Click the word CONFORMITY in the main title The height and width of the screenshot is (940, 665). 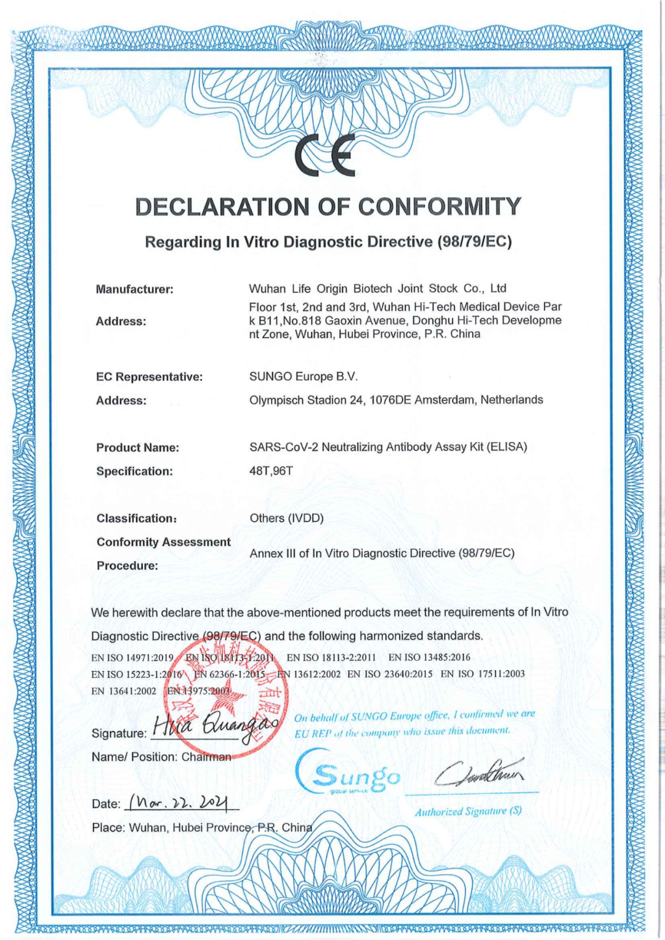pyautogui.click(x=440, y=207)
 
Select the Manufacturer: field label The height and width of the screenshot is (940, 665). pyautogui.click(x=134, y=289)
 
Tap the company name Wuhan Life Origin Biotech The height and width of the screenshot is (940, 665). pyautogui.click(x=320, y=289)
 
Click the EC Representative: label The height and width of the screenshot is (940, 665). pyautogui.click(x=149, y=377)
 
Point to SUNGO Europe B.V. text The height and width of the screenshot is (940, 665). pyautogui.click(x=303, y=377)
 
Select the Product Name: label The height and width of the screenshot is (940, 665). pyautogui.click(x=137, y=448)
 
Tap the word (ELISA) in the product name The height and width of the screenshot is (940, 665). pyautogui.click(x=507, y=447)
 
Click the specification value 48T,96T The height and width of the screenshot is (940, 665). pyautogui.click(x=271, y=471)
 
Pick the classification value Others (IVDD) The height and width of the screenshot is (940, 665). pyautogui.click(x=286, y=518)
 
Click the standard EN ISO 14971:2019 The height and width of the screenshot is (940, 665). pyautogui.click(x=132, y=657)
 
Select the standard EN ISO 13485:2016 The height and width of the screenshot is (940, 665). pyautogui.click(x=429, y=657)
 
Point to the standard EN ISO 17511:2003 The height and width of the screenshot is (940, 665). pyautogui.click(x=483, y=674)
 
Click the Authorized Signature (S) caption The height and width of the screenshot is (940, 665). pyautogui.click(x=468, y=811)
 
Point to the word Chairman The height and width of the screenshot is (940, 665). pyautogui.click(x=206, y=757)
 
